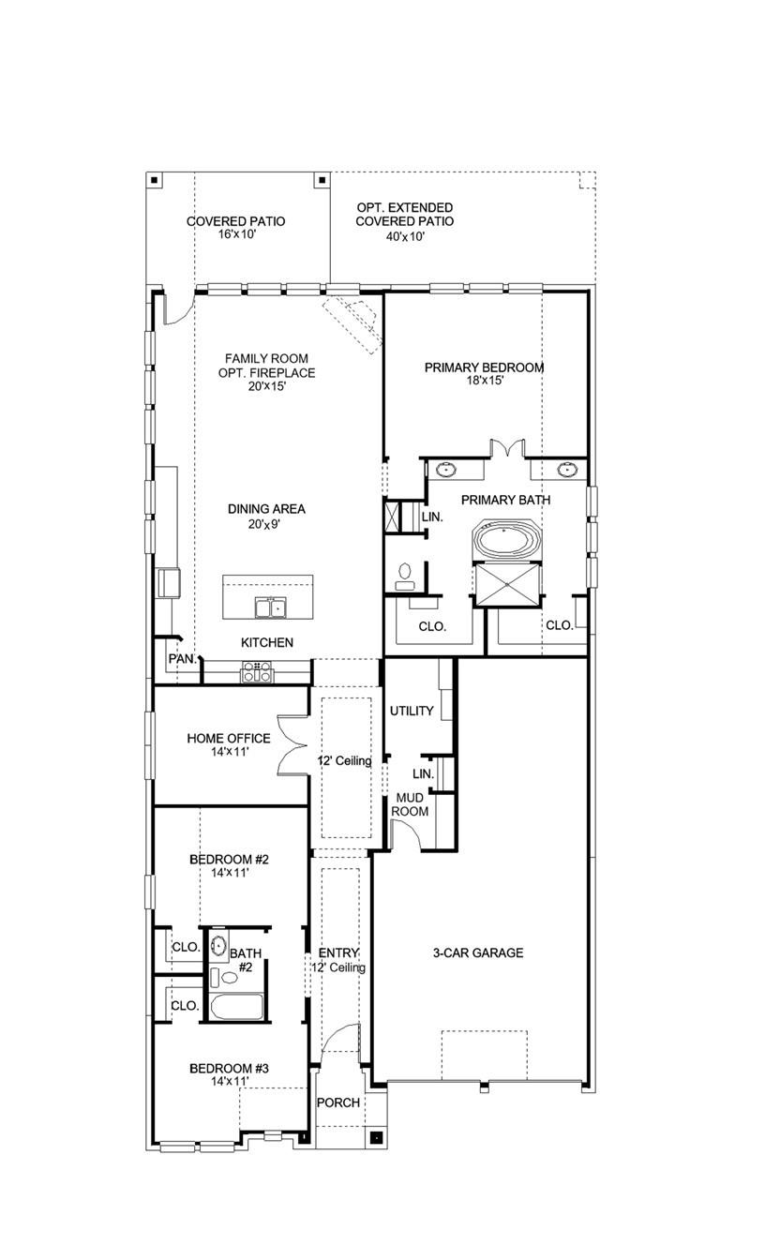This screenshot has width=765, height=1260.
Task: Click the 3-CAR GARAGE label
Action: click(477, 953)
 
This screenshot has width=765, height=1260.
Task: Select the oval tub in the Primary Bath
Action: click(505, 541)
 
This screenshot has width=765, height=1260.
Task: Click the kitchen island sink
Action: click(270, 608)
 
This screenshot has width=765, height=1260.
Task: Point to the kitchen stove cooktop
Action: click(256, 671)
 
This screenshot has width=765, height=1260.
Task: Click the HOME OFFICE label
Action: click(228, 739)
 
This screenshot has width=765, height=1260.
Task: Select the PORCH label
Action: click(337, 1102)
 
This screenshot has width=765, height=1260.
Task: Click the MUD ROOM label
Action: click(410, 803)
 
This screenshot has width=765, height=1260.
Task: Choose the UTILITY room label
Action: click(412, 712)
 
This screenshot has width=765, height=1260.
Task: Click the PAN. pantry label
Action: click(181, 659)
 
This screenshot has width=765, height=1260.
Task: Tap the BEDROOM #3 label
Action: click(229, 1069)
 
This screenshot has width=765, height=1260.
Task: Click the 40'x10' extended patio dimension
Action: click(404, 237)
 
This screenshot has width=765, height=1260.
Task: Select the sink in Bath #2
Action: click(218, 944)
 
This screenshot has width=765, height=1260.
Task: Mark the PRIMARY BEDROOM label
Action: click(484, 367)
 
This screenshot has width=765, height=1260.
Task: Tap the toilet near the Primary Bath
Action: click(405, 575)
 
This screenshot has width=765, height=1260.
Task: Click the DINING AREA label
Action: click(266, 509)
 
